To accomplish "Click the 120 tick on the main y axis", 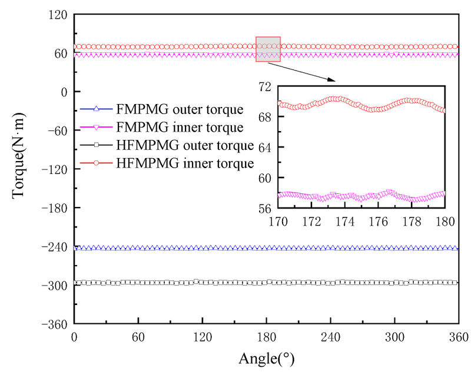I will coord(58,15).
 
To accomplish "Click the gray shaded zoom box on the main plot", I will coord(268,49).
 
